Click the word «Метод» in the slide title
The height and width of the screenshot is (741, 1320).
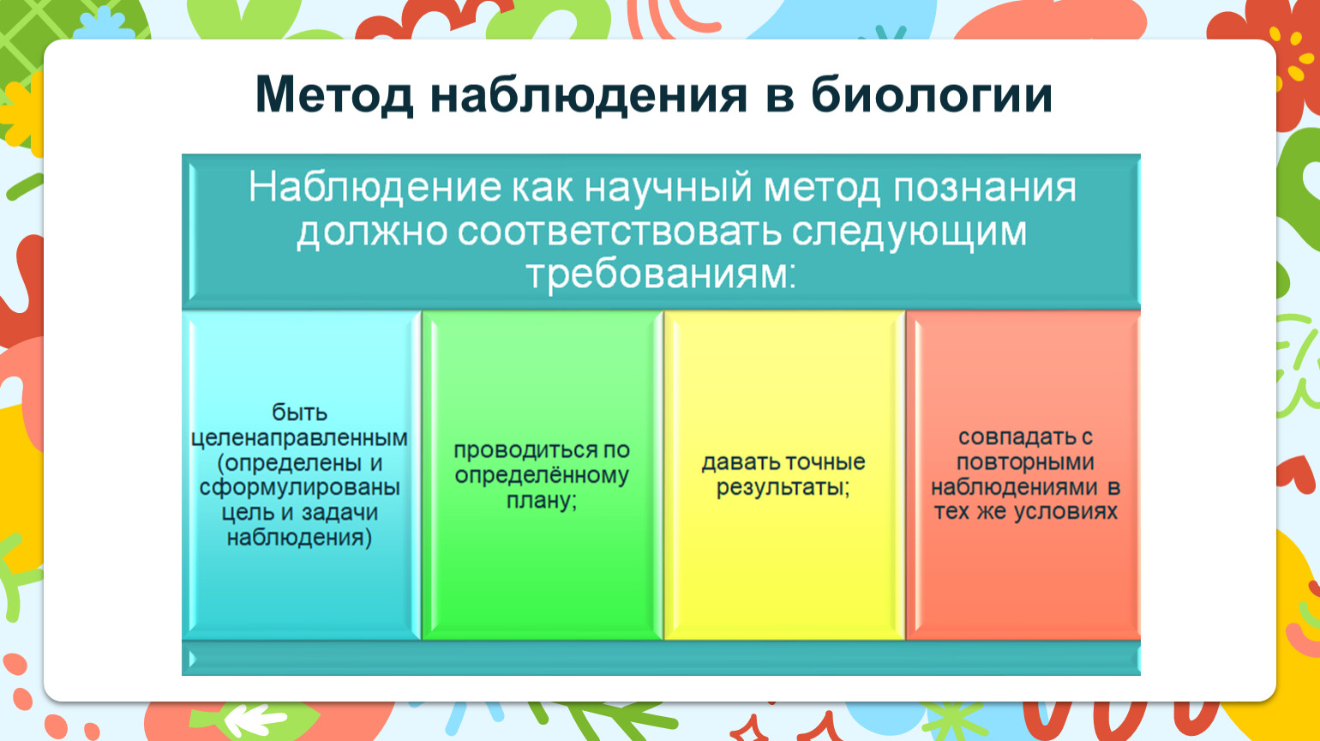coord(334,95)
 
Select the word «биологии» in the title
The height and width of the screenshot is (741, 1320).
coord(931,94)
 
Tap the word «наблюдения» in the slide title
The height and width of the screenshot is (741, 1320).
coord(589,95)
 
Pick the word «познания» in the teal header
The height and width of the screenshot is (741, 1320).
coord(984,188)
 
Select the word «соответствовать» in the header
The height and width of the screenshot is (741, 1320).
coord(620,232)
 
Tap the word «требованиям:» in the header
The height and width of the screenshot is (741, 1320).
coord(661,275)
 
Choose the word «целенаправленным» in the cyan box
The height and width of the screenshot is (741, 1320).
coord(299,438)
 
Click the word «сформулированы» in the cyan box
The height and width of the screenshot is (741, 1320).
coord(299,487)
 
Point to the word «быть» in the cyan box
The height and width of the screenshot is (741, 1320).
coord(299,412)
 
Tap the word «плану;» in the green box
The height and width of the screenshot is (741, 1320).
coord(542,501)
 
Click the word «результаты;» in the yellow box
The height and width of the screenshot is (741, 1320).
coord(783,487)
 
